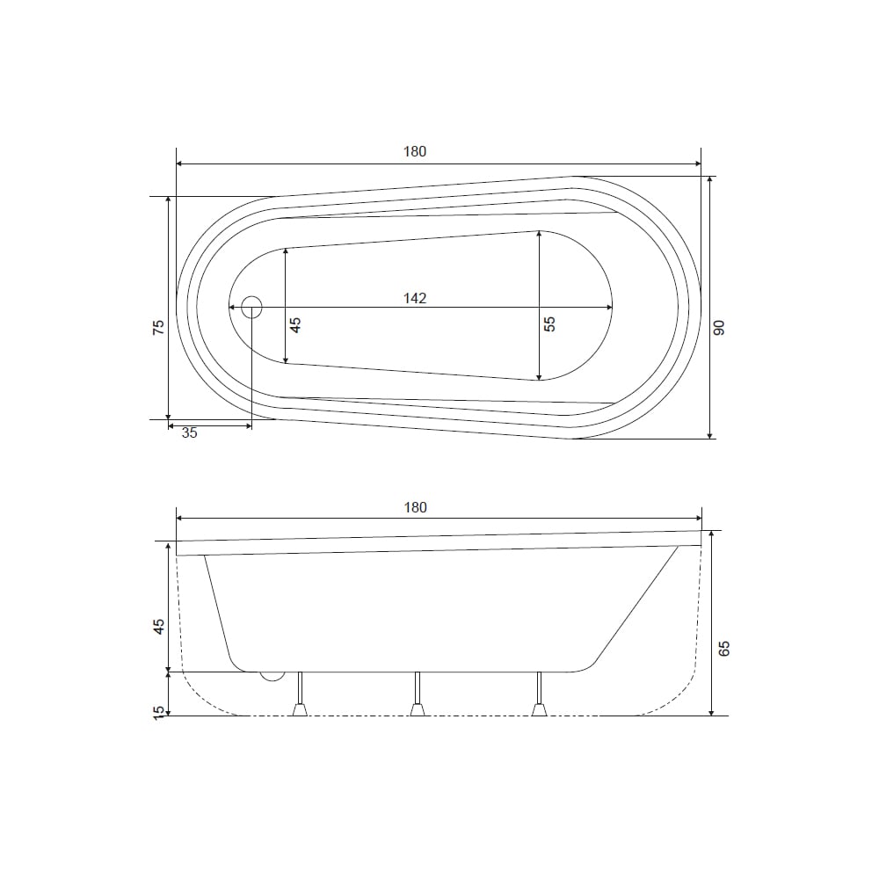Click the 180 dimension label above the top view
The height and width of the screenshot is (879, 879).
coord(415,151)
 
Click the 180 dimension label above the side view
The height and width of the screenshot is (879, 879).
coord(416,507)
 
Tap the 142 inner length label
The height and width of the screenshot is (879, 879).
coord(415,298)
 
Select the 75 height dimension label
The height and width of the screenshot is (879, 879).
coord(159,327)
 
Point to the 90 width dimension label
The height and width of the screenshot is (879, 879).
coord(719,327)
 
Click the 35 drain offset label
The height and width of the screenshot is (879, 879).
coord(190,432)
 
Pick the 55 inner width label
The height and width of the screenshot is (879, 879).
coord(550,324)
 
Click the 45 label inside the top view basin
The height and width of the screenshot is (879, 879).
coord(295,324)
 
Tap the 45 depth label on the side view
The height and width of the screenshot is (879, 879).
coord(159,626)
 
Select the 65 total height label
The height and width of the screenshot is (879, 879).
coord(724,648)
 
